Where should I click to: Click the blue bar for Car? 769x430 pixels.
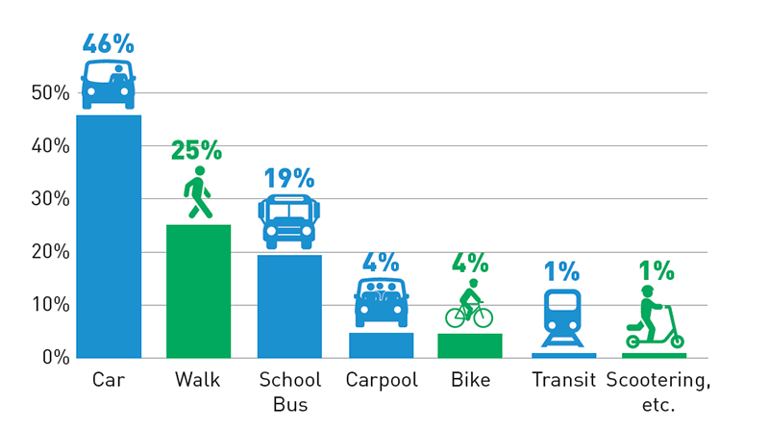(109, 236)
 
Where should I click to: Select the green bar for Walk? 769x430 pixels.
(198, 291)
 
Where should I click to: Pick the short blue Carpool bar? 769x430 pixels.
(381, 344)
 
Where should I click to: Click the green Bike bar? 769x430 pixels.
(469, 345)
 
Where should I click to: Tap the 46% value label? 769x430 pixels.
(109, 43)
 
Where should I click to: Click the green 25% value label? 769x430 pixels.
(197, 150)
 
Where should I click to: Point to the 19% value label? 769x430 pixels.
(289, 178)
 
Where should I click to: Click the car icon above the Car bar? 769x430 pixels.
(109, 85)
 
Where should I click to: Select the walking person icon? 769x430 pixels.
(199, 193)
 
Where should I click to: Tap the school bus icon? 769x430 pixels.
(289, 221)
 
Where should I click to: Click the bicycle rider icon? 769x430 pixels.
(469, 304)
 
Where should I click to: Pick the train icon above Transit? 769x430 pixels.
(562, 317)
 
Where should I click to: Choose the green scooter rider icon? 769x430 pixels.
(654, 317)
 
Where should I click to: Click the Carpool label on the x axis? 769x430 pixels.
(382, 381)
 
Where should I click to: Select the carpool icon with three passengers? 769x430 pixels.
(381, 302)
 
